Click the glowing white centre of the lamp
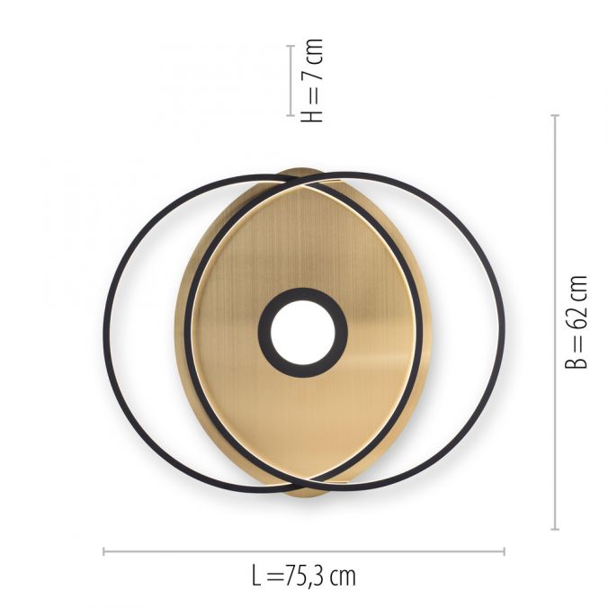coord(303,332)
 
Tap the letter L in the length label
coord(256,576)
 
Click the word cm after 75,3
coord(343,577)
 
